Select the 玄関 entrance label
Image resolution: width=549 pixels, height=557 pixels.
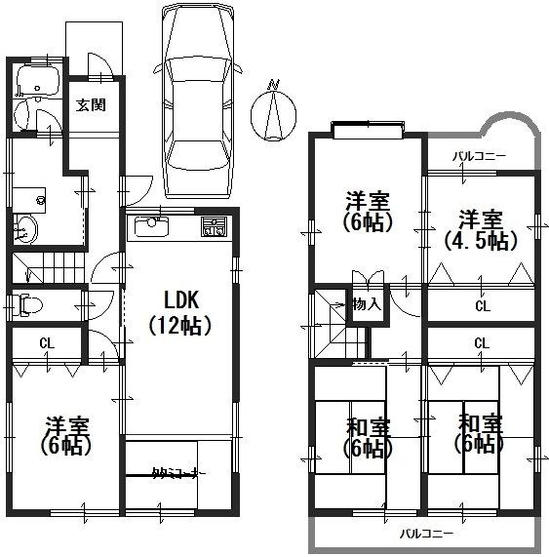(92, 104)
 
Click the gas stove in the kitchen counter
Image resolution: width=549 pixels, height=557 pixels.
(213, 228)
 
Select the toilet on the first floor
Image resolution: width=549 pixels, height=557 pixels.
(29, 305)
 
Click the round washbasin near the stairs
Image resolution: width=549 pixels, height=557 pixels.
(27, 230)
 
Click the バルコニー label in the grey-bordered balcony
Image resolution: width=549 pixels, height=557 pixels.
(425, 534)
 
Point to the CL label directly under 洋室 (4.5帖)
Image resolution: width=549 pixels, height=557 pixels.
(482, 306)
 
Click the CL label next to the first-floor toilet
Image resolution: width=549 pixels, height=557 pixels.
(46, 342)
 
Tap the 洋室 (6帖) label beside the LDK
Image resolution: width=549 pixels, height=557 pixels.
(66, 435)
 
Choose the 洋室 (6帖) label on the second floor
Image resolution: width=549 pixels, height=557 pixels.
(368, 212)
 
